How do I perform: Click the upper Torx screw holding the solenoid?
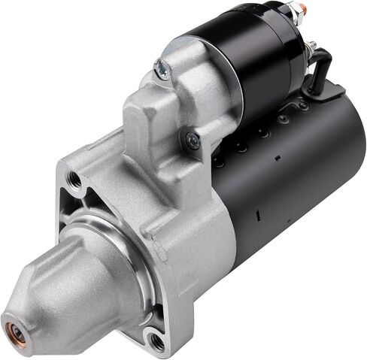(160, 69)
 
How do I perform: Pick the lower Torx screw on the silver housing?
(193, 139)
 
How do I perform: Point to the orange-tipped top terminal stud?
(301, 9)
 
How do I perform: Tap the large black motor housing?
(293, 180)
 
